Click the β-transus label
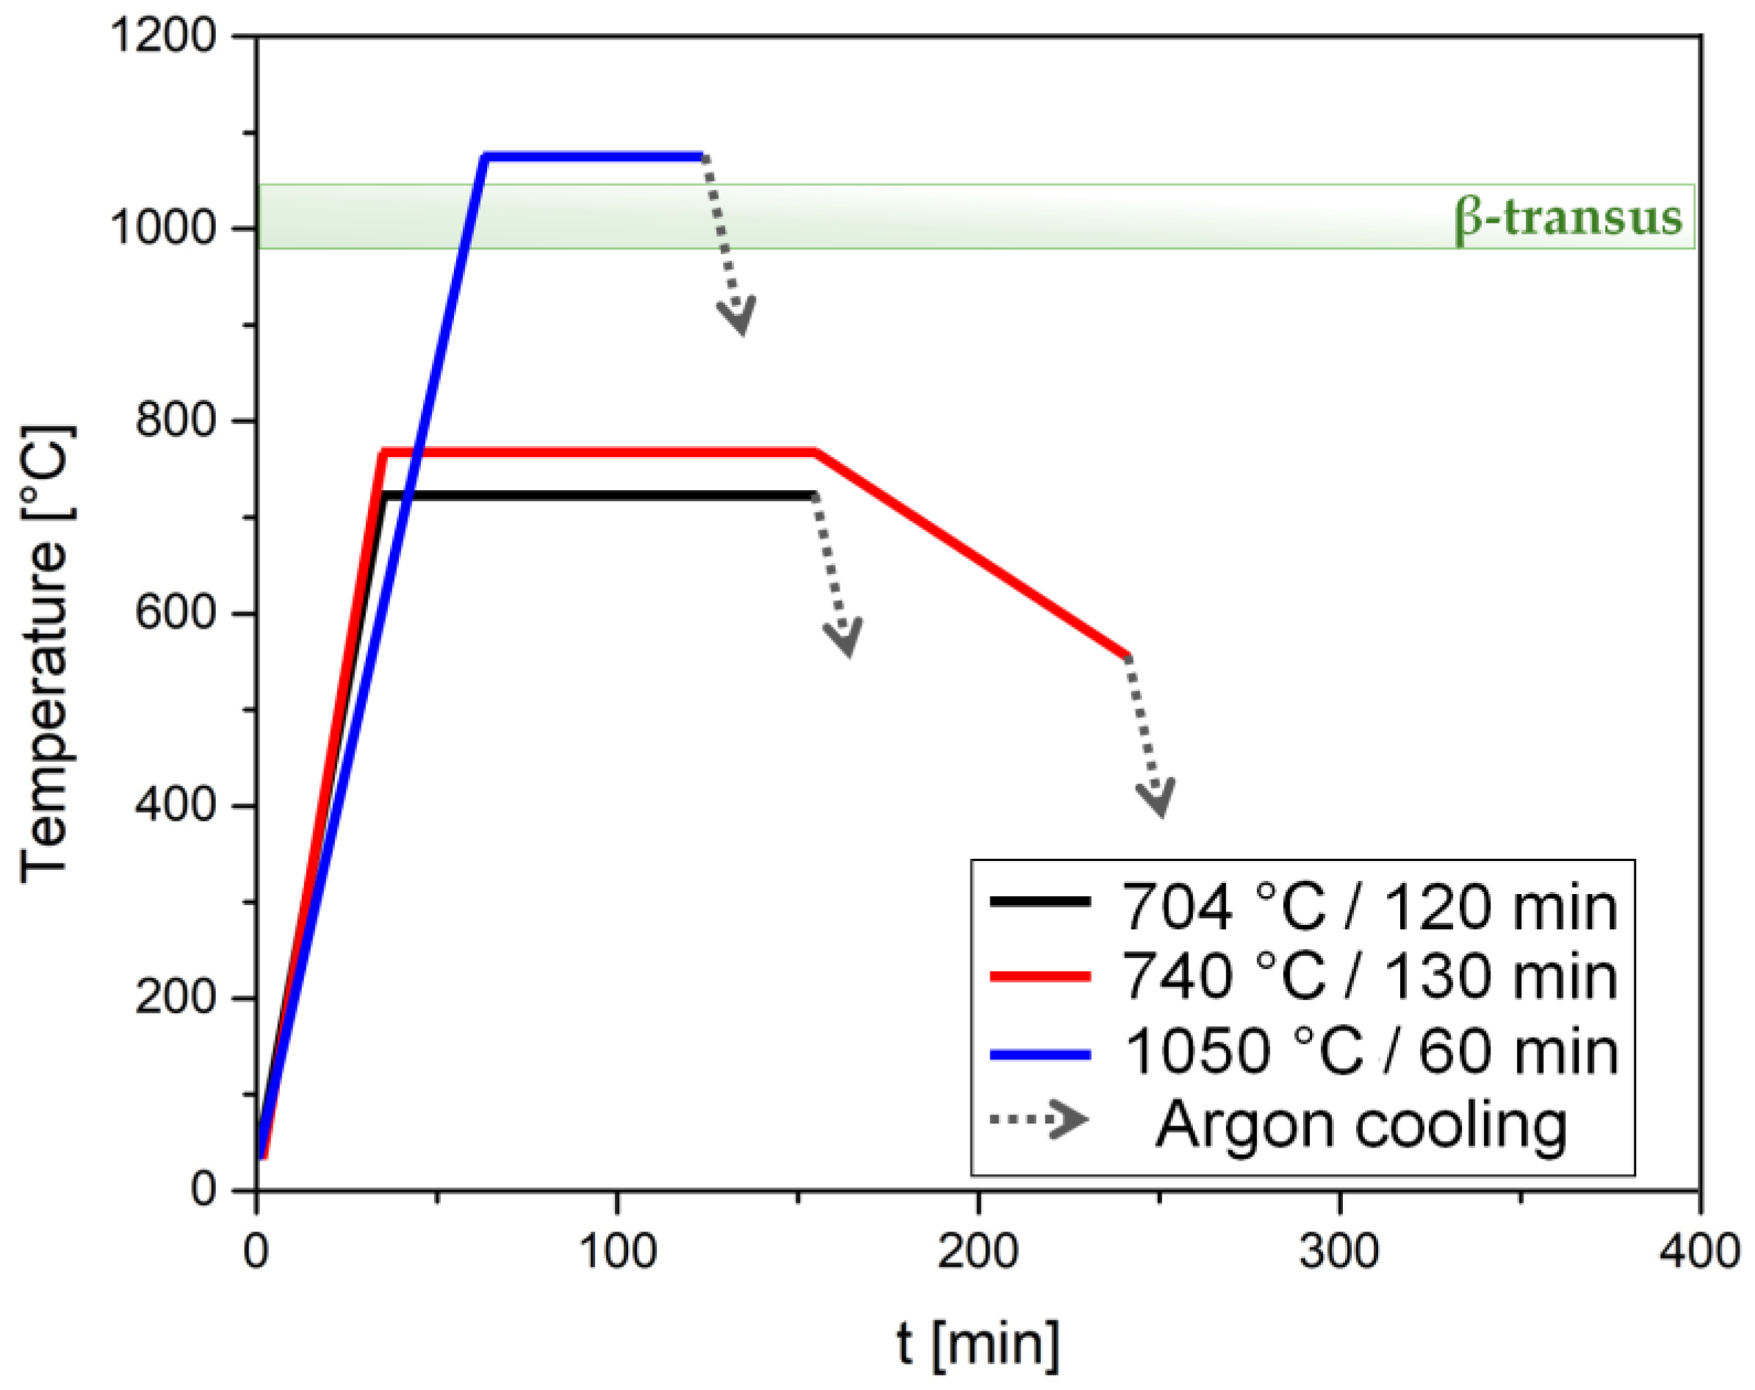tap(1568, 218)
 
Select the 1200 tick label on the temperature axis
tap(163, 37)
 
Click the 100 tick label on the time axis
tap(617, 1251)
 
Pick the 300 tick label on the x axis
tap(1338, 1251)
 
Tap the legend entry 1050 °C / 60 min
tap(1371, 1051)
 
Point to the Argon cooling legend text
tap(1361, 1125)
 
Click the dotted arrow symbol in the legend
tap(1039, 1120)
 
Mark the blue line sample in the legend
tap(1039, 1055)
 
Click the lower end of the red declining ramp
tap(1127, 656)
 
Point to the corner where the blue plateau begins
tap(486, 156)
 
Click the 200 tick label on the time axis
tap(977, 1251)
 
